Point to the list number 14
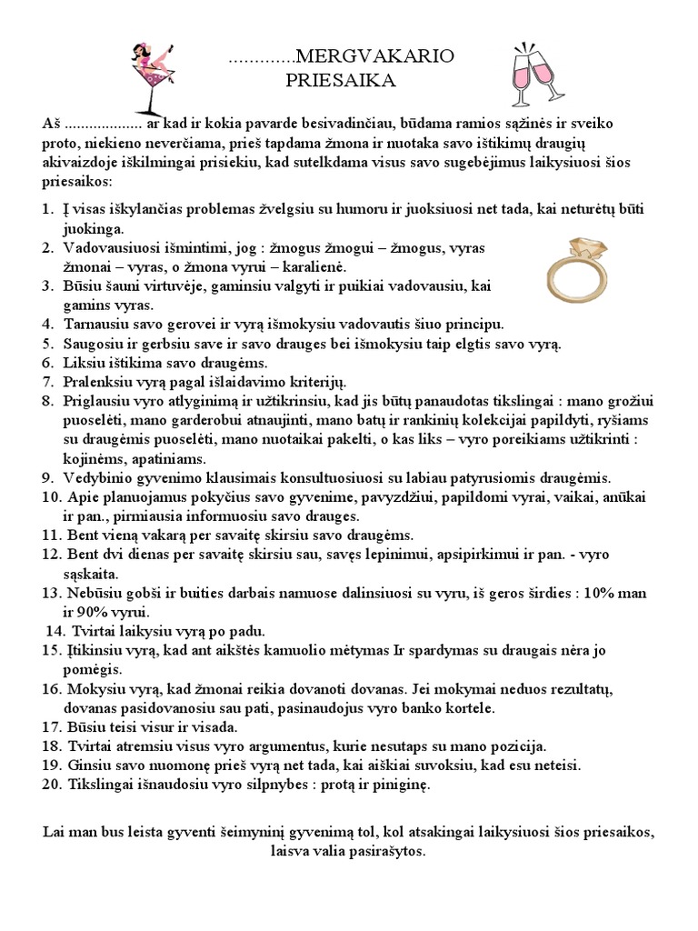[55, 631]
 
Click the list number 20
[51, 784]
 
